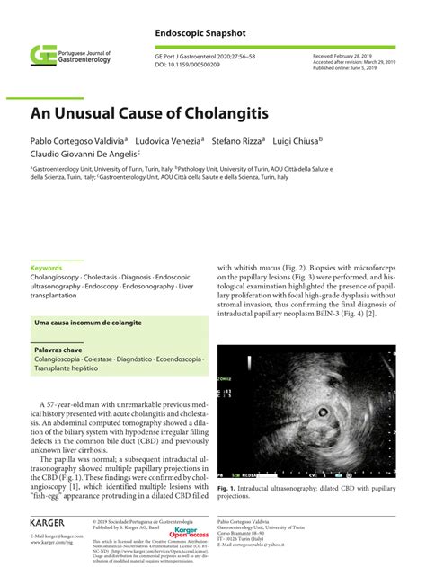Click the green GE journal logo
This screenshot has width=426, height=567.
[x=43, y=56]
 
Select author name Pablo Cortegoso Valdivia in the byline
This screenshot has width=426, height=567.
[x=77, y=140]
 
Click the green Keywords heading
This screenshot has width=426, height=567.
[x=47, y=269]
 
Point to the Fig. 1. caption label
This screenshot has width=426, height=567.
[x=229, y=487]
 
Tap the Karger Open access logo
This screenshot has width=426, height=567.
[x=191, y=533]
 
